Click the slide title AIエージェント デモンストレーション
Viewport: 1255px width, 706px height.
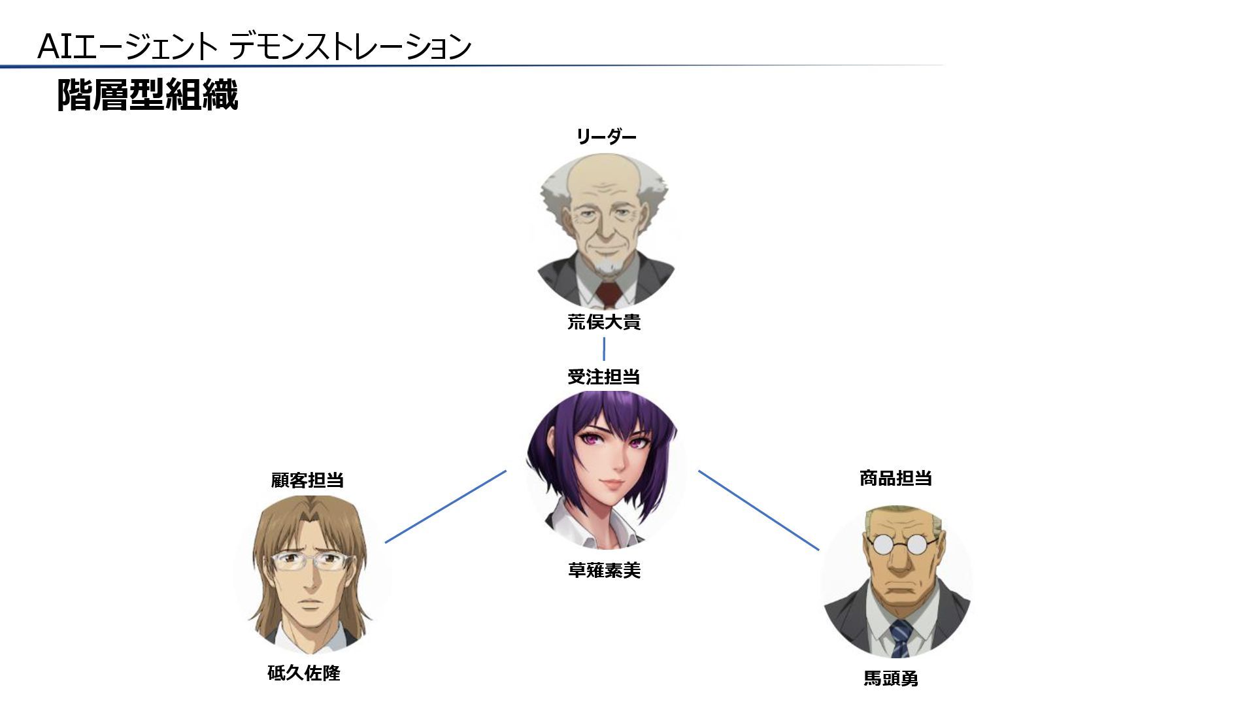click(254, 46)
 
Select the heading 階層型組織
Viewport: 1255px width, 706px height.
click(147, 95)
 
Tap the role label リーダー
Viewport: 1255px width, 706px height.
click(605, 137)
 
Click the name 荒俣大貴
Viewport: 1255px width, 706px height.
click(604, 322)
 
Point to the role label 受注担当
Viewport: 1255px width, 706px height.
click(603, 377)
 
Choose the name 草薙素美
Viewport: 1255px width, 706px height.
click(604, 571)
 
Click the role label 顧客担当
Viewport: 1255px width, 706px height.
click(307, 480)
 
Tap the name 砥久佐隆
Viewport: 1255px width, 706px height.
click(304, 673)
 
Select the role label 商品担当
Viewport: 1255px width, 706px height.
click(895, 479)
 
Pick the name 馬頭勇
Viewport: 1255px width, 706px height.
click(891, 679)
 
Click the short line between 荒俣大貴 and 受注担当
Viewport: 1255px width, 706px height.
click(603, 349)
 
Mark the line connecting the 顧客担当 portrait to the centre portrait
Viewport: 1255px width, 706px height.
click(446, 507)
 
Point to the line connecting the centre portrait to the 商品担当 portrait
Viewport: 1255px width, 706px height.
click(758, 510)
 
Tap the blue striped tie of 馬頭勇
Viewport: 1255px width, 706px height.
click(901, 637)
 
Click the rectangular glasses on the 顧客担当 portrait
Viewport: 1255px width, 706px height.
click(312, 561)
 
